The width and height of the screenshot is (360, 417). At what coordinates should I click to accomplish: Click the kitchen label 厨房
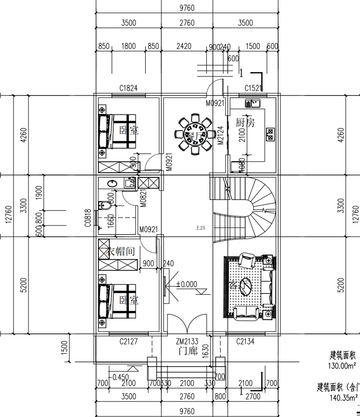pyautogui.click(x=245, y=122)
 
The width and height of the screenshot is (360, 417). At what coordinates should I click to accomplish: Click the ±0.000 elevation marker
pyautogui.click(x=186, y=284)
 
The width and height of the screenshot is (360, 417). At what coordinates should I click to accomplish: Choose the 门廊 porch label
pyautogui.click(x=187, y=351)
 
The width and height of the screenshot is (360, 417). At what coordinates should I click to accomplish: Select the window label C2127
pyautogui.click(x=128, y=342)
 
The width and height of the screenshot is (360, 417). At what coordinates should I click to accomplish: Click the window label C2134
pyautogui.click(x=245, y=342)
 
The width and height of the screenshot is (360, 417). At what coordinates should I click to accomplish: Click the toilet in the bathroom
pyautogui.click(x=104, y=205)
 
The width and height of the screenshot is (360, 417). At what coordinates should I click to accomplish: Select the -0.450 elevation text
pyautogui.click(x=120, y=377)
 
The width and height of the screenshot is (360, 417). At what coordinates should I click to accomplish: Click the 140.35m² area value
pyautogui.click(x=343, y=397)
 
